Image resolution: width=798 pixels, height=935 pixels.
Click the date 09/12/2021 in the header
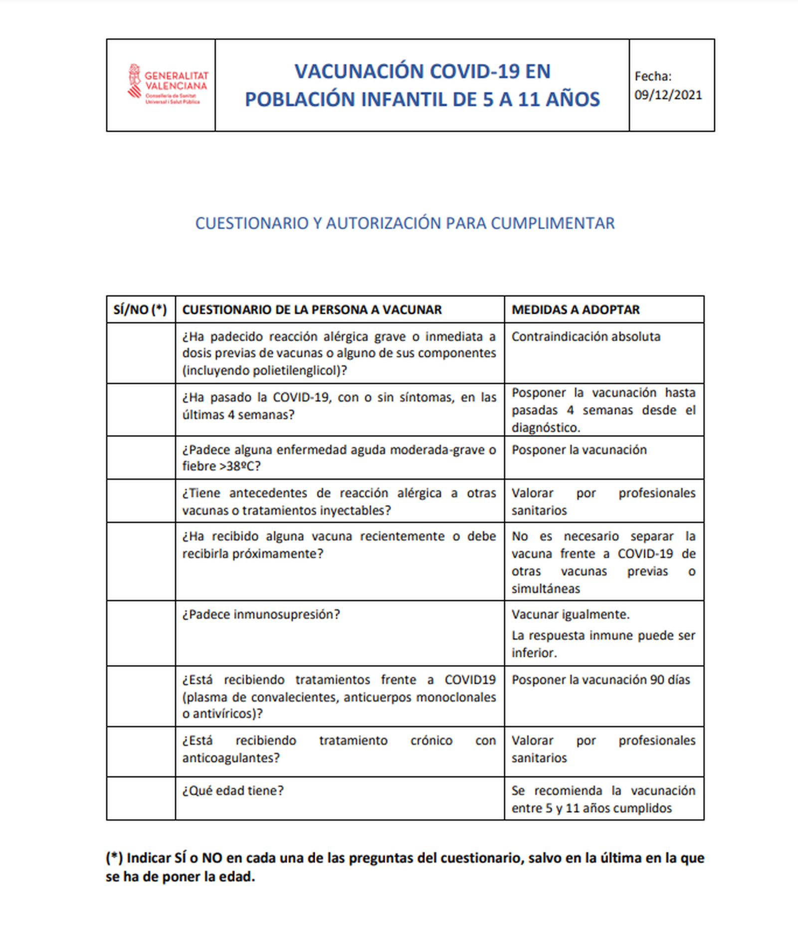(x=668, y=95)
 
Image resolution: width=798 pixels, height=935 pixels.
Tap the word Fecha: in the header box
(x=652, y=76)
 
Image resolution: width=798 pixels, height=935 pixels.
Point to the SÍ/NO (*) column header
(x=140, y=309)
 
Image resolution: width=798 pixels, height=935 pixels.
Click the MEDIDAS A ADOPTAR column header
(x=575, y=309)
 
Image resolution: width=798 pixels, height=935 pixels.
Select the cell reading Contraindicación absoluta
(x=586, y=337)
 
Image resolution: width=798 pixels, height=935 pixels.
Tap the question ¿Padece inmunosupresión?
(x=261, y=614)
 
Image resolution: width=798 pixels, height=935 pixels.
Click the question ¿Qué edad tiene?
(x=233, y=791)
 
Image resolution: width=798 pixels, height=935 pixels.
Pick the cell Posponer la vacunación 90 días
(x=600, y=680)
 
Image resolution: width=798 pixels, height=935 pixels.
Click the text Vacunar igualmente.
(x=570, y=614)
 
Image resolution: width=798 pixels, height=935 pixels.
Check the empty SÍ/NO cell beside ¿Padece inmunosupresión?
(x=141, y=633)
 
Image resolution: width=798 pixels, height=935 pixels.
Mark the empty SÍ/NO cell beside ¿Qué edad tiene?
(x=141, y=798)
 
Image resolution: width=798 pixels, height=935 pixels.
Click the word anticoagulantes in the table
(x=230, y=758)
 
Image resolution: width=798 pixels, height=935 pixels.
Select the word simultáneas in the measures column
(x=545, y=589)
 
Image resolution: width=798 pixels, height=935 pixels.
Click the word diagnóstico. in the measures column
(x=546, y=428)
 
